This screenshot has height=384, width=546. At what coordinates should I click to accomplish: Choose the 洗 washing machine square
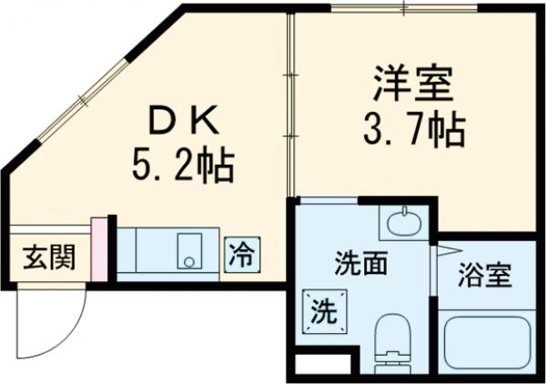[325, 311]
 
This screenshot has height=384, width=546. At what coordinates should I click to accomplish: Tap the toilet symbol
[394, 341]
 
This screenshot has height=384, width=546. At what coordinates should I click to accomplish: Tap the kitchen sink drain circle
[188, 261]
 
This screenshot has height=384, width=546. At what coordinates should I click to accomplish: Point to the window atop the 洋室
[400, 8]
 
